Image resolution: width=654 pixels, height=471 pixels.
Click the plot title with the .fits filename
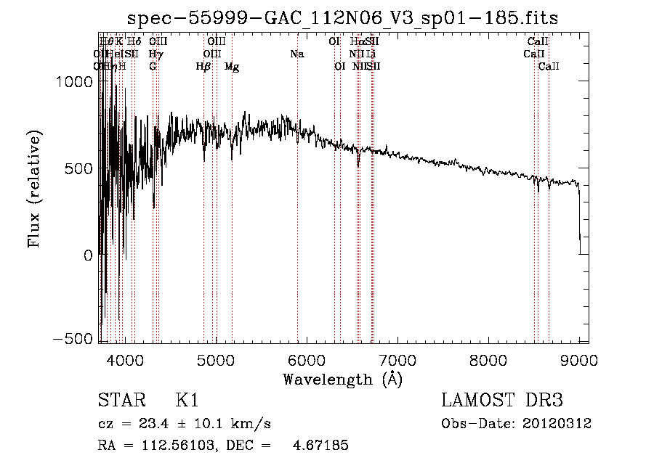pyautogui.click(x=343, y=19)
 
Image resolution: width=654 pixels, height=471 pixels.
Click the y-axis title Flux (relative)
pyautogui.click(x=34, y=189)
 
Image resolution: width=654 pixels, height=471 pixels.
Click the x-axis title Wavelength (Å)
pyautogui.click(x=342, y=379)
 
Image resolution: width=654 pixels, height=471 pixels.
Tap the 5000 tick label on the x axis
pyautogui.click(x=216, y=360)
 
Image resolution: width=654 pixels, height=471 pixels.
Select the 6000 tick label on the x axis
pyautogui.click(x=307, y=360)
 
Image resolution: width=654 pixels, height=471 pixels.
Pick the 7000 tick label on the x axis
pyautogui.click(x=397, y=360)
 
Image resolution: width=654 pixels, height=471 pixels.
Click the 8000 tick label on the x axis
pyautogui.click(x=488, y=360)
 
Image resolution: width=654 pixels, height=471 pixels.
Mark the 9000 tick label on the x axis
pyautogui.click(x=579, y=360)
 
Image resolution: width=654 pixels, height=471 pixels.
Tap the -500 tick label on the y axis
pyautogui.click(x=72, y=340)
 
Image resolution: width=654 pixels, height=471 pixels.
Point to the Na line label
pyautogui.click(x=296, y=54)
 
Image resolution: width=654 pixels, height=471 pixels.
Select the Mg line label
pyautogui.click(x=232, y=67)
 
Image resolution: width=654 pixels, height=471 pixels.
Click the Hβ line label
pyautogui.click(x=203, y=67)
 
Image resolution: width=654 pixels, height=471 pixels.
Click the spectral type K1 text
pyautogui.click(x=187, y=401)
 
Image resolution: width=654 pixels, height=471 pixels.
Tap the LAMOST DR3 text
pyautogui.click(x=502, y=401)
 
